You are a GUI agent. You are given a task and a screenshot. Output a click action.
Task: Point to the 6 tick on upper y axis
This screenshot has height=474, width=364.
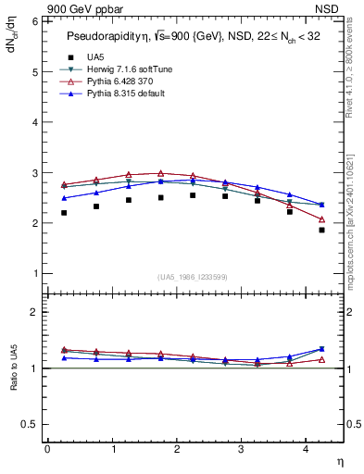coord(36,21)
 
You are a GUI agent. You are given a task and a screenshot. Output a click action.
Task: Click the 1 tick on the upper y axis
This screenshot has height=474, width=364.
coord(36,274)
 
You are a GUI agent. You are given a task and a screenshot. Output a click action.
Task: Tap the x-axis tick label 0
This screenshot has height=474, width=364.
coord(47,448)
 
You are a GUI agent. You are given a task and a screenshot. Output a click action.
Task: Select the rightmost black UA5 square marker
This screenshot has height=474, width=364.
coord(322,230)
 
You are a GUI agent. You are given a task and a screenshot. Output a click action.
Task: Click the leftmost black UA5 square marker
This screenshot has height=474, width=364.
coord(64,213)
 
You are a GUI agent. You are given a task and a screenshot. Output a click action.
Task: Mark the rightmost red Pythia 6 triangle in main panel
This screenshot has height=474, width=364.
coord(322,219)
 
